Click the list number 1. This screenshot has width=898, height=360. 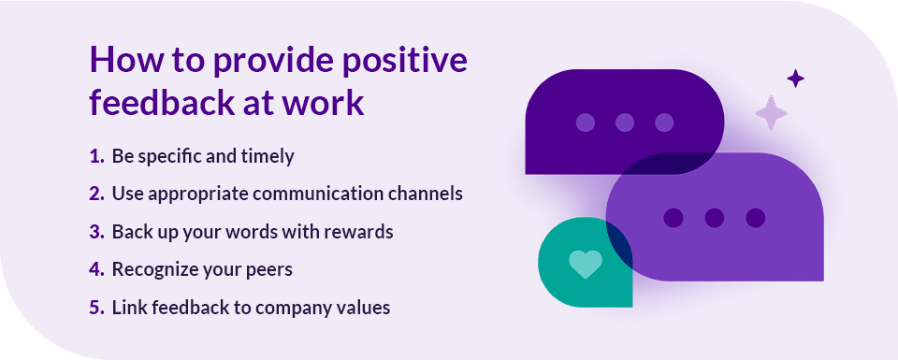coord(96,156)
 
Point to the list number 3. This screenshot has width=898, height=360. coord(96,232)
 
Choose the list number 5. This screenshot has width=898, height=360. coord(96,308)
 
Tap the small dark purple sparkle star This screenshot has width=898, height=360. coord(795,79)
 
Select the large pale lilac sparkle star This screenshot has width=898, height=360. coord(772,113)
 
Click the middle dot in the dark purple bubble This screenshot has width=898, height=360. coord(625,122)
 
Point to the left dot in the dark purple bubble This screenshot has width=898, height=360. coord(586,122)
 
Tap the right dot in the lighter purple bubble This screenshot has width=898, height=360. coord(755,218)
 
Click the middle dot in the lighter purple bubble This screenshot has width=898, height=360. coord(715,218)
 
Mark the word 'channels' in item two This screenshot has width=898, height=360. coord(429,194)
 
